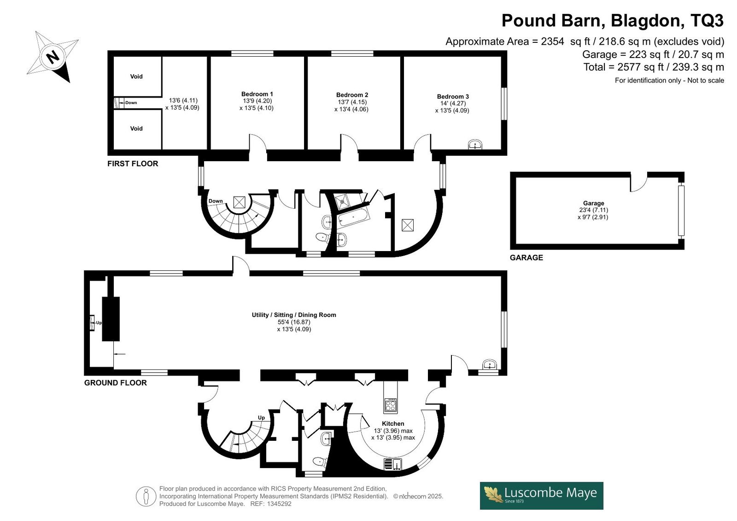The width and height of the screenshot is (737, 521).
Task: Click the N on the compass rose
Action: tap(53, 57)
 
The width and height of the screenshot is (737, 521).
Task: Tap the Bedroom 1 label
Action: tap(257, 94)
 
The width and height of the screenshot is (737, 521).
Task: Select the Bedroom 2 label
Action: tap(352, 95)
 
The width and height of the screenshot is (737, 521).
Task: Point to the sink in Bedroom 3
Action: tap(475, 145)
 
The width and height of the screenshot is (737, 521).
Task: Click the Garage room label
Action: tap(594, 203)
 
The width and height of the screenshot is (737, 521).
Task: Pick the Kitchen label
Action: tap(393, 424)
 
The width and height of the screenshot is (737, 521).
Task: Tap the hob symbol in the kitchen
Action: tap(391, 404)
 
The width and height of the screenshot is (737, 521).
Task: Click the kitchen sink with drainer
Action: tap(393, 464)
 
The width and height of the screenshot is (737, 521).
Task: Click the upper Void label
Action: tap(136, 76)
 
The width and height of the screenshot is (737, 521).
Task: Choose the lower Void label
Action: tap(136, 129)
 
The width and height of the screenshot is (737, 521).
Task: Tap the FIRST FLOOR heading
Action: tap(133, 164)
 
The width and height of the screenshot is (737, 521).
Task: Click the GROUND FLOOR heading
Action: tap(116, 383)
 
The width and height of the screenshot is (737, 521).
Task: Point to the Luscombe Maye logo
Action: tap(542, 496)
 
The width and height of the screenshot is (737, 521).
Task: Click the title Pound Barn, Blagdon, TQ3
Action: tap(613, 20)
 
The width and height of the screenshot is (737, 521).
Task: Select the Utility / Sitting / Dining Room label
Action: tap(294, 315)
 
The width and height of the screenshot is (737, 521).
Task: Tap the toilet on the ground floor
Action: tap(320, 462)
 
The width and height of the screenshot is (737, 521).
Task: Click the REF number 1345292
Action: tap(279, 503)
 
